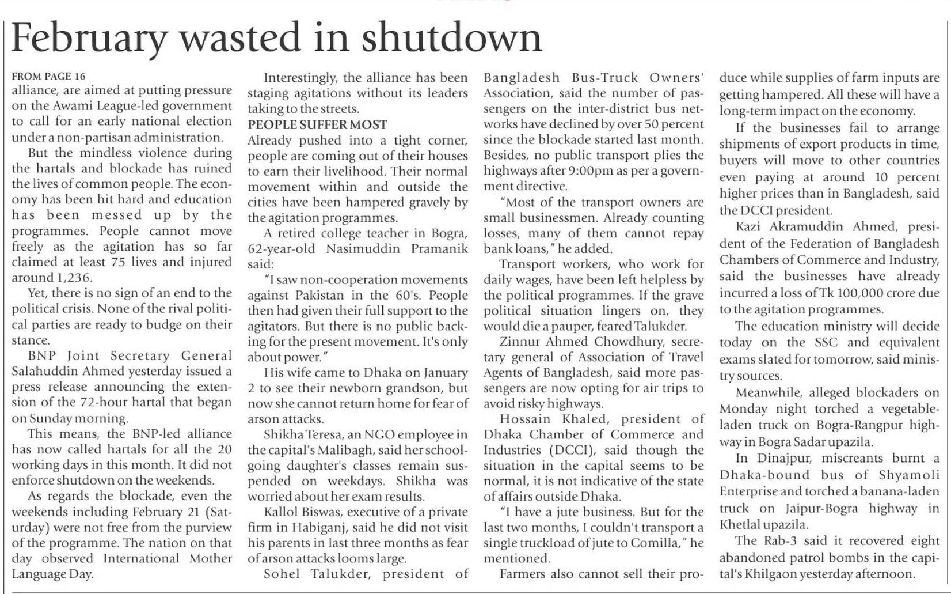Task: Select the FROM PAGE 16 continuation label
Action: click(x=49, y=76)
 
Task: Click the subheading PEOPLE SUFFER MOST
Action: click(x=317, y=125)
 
